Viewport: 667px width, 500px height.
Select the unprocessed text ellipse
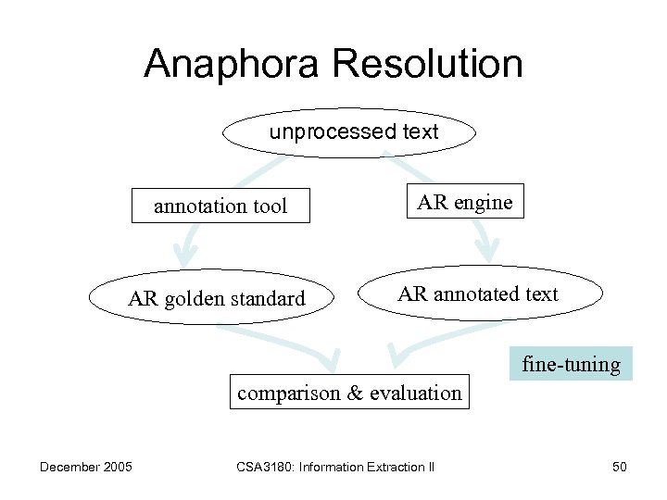click(x=349, y=132)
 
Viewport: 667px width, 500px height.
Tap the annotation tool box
click(x=220, y=206)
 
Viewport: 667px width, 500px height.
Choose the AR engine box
click(x=465, y=202)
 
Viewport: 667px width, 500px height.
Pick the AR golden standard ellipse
click(x=216, y=298)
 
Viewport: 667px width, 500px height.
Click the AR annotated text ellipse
click(x=479, y=294)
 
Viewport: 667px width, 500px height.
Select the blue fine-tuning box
click(x=571, y=364)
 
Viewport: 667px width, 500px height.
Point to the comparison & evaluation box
click(x=349, y=393)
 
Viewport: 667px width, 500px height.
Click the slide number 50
click(x=619, y=467)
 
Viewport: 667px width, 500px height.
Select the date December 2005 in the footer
click(x=85, y=467)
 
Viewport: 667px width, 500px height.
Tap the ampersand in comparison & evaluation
click(x=355, y=393)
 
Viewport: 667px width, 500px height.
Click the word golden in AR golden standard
click(x=194, y=298)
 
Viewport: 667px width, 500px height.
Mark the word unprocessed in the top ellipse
click(x=320, y=132)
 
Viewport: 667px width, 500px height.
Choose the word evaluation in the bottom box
click(x=415, y=393)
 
